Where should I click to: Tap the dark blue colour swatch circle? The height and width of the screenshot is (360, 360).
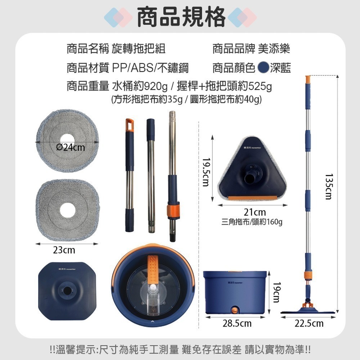264,67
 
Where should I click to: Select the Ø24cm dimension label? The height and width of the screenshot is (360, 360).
71,147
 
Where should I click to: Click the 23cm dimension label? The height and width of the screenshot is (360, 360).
64,250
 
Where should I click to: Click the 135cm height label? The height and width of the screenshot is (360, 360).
328,186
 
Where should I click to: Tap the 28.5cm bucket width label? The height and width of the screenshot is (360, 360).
237,324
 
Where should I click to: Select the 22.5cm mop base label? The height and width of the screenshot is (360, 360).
309,324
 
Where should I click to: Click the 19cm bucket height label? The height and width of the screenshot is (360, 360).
276,292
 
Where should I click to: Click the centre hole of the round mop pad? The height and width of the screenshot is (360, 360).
67,139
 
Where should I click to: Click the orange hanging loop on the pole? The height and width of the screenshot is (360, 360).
130,124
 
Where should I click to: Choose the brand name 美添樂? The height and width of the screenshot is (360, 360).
274,49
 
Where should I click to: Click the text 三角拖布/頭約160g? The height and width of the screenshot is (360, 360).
252,222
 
